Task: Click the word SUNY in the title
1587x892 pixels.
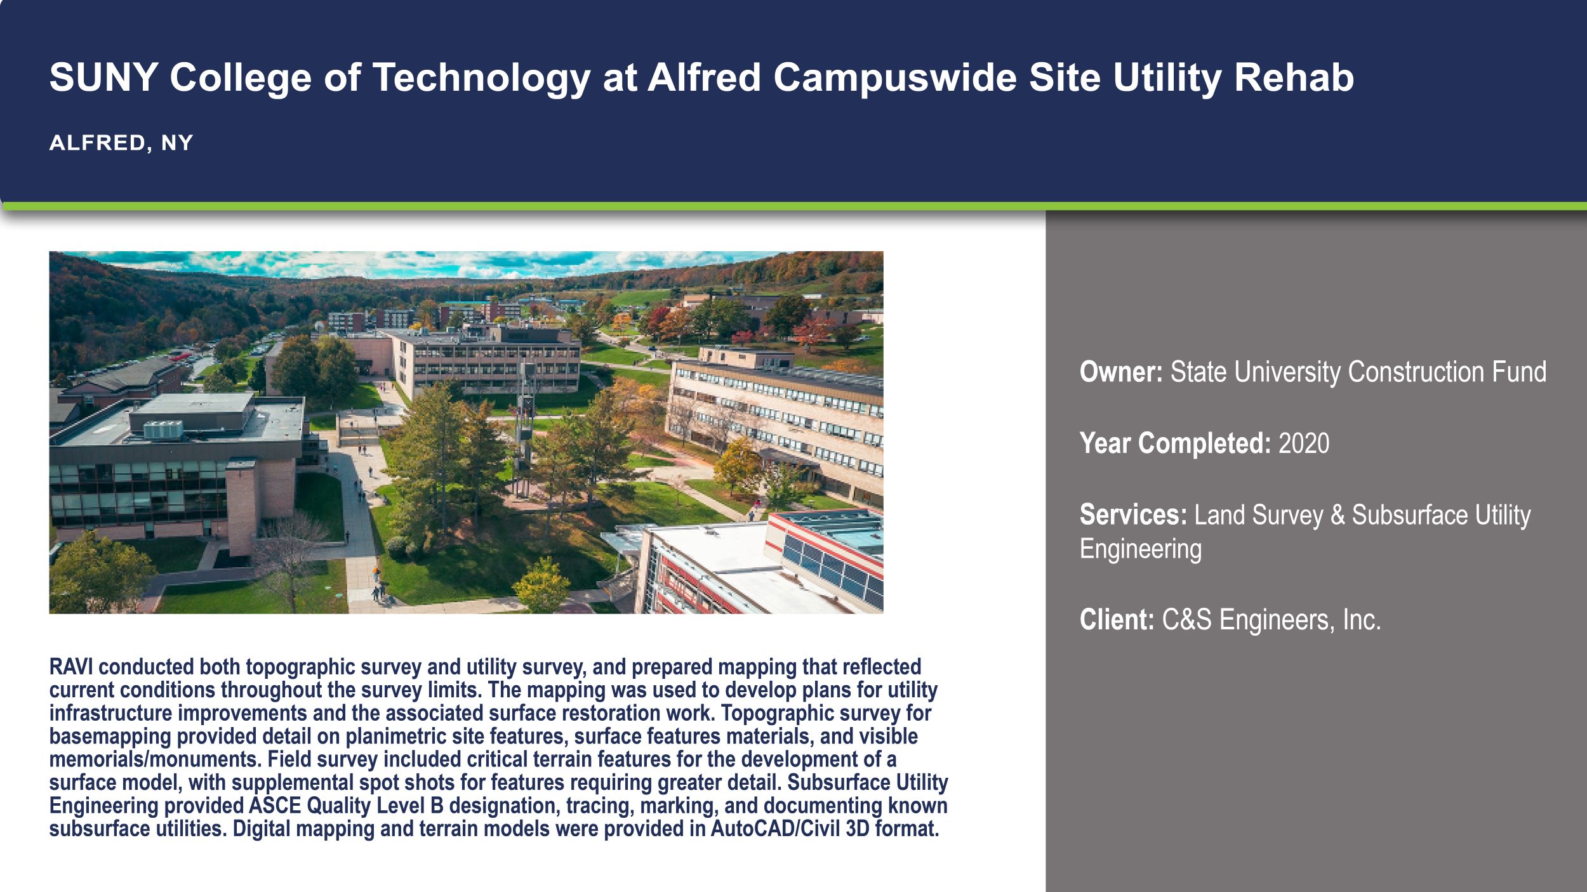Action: (x=103, y=77)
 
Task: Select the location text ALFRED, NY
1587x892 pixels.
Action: (x=121, y=143)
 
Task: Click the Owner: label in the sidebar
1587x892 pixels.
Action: (x=1120, y=372)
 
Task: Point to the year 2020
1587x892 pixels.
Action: (x=1303, y=443)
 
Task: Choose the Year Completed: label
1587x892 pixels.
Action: (x=1175, y=443)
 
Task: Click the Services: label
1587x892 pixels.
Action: (x=1132, y=515)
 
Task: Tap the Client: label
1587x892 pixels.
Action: (x=1117, y=619)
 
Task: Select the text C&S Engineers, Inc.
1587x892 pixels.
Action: (x=1271, y=619)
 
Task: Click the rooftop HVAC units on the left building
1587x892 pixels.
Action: (x=163, y=430)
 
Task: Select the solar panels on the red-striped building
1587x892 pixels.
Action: (x=832, y=565)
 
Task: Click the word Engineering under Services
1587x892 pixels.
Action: (x=1140, y=549)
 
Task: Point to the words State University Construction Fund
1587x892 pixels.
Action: (x=1358, y=372)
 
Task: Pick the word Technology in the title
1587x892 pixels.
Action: (x=481, y=77)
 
